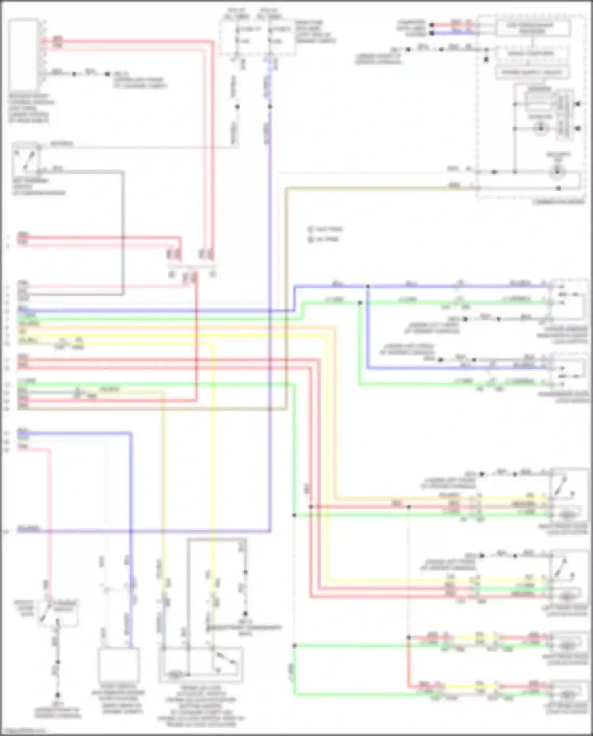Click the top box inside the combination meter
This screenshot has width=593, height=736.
coord(533,28)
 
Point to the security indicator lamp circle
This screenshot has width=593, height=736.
coord(558,172)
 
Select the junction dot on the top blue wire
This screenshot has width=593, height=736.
coord(368,286)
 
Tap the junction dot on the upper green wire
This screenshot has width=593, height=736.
coord(360,303)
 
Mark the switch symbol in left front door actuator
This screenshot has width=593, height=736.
coord(563,568)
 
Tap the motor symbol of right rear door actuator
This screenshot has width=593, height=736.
coord(567,645)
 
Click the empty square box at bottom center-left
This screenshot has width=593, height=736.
coord(119,665)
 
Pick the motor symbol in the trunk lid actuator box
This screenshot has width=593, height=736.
coord(174,674)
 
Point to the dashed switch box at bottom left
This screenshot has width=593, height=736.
coord(58,613)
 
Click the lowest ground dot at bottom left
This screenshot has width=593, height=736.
coord(58,695)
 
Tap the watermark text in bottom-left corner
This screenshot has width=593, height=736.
coord(24,731)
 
